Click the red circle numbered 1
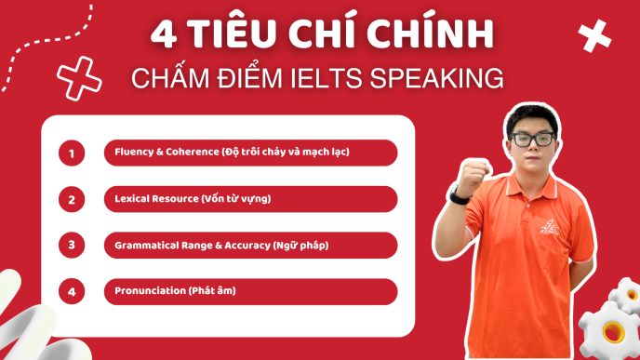(x=72, y=153)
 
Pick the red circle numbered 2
(x=72, y=199)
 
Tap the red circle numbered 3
(x=72, y=246)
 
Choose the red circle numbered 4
(x=72, y=291)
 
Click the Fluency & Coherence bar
(x=250, y=153)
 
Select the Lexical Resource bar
(x=250, y=199)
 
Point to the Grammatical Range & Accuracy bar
(x=250, y=246)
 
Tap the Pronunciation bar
(x=250, y=291)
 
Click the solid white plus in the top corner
(x=594, y=35)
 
